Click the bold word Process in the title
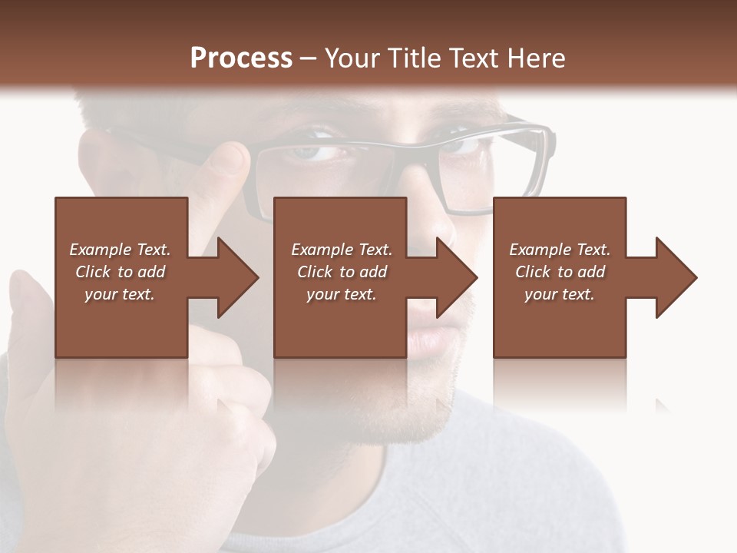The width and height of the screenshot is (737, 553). [241, 58]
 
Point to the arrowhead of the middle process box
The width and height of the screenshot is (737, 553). [457, 277]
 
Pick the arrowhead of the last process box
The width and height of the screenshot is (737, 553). [676, 277]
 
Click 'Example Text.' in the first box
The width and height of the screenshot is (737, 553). [120, 250]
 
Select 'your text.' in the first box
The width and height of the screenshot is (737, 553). [120, 294]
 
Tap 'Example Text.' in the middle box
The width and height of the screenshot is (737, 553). [342, 250]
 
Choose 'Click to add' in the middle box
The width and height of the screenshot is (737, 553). [342, 272]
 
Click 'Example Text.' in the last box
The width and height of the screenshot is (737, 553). [560, 250]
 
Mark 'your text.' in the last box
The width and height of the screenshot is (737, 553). [560, 294]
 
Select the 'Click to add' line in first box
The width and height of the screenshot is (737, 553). [120, 272]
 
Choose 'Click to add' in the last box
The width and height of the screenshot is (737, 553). [560, 272]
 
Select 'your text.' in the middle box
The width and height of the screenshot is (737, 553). [342, 294]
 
